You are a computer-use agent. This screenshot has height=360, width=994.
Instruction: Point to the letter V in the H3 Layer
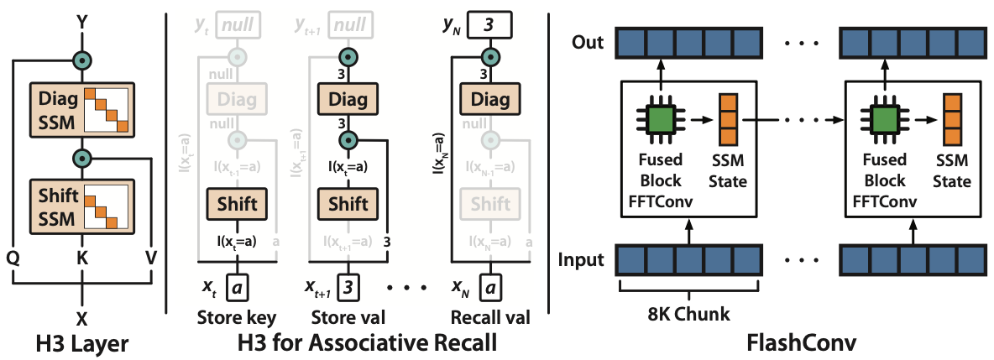152,257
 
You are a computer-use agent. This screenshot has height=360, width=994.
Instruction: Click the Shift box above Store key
237,203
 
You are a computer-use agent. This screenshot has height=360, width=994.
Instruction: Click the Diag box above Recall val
488,101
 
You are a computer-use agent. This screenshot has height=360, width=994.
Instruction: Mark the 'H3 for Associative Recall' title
352,343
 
